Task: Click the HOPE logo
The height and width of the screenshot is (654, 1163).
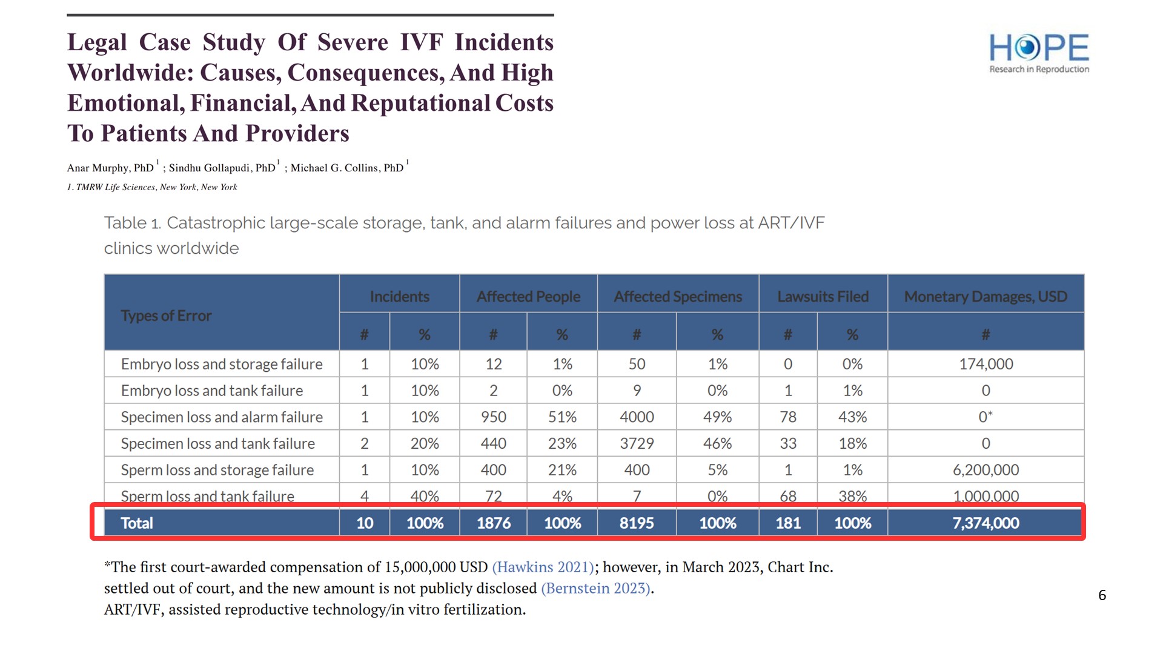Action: click(x=1039, y=53)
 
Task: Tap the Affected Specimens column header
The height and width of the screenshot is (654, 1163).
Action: click(x=678, y=296)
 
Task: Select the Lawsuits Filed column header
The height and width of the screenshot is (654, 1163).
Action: click(x=823, y=296)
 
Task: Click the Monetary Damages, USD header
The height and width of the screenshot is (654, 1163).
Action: click(x=986, y=296)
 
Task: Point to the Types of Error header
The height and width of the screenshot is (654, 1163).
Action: click(x=166, y=315)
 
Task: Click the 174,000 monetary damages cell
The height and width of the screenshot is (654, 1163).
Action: click(x=986, y=364)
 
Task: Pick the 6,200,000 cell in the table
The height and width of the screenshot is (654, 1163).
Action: click(x=986, y=470)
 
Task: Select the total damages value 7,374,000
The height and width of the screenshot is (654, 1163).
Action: click(x=986, y=523)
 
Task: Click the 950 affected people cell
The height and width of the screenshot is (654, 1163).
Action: click(x=493, y=417)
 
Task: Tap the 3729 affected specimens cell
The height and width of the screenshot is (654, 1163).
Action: click(x=637, y=443)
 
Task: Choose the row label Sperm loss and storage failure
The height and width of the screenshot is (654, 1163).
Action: click(x=217, y=470)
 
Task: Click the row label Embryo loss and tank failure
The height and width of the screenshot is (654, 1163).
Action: click(x=211, y=391)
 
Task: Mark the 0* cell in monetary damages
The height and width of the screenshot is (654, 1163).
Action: click(x=986, y=417)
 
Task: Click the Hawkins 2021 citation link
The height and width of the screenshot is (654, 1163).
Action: click(x=543, y=567)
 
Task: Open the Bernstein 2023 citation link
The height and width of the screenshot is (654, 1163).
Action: click(x=596, y=588)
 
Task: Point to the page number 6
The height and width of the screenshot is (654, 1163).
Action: click(x=1102, y=595)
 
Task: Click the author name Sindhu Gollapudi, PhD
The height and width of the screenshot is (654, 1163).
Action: click(x=222, y=168)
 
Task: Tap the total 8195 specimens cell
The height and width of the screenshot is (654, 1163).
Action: click(x=637, y=523)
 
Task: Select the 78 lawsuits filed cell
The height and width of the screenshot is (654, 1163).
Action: click(x=787, y=417)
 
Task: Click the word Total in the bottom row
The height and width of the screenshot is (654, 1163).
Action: click(x=137, y=523)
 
